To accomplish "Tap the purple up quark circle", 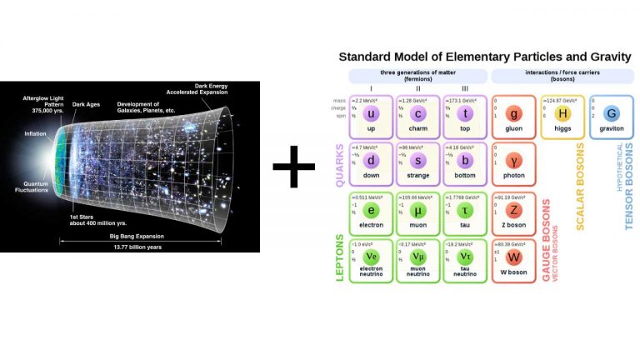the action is coord(371,114).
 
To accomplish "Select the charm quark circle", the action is coord(418,114).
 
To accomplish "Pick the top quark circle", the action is coord(465,114).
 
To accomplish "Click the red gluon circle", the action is coord(514,114).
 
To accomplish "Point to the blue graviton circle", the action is coord(612,114).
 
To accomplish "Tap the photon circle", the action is coord(514,161).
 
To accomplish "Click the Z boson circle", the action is coord(514,209).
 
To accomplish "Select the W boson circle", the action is coord(514,257).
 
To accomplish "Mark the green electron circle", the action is coord(371,209).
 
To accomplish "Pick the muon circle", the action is coord(418,209).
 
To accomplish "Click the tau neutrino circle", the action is coord(465,257).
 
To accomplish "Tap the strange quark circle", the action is coord(418,161).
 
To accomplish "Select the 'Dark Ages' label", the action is coord(87,105).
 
